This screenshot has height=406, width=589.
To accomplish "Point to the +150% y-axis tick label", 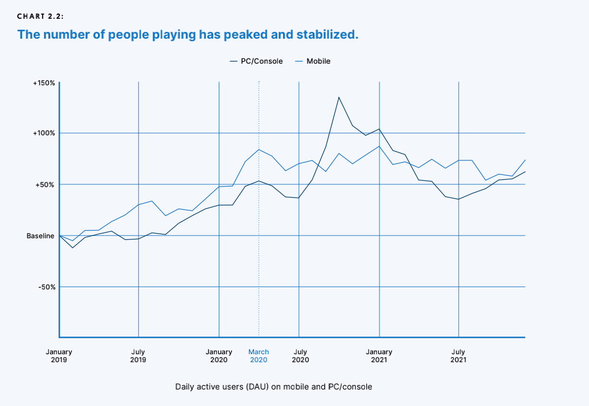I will tap(44, 83).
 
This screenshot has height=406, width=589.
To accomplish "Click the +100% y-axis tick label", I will tap(44, 133).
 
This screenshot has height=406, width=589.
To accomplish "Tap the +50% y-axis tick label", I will tap(45, 185).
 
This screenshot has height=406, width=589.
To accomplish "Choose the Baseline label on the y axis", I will tap(40, 235).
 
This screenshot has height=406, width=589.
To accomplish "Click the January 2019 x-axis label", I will tap(59, 356).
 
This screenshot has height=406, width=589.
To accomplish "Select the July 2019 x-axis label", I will tap(138, 356).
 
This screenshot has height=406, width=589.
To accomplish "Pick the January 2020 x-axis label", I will tap(219, 356).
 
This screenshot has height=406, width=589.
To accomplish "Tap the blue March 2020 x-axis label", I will tap(259, 356).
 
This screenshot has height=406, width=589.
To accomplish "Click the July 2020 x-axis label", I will tap(299, 356).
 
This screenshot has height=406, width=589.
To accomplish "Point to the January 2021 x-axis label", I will tap(379, 356).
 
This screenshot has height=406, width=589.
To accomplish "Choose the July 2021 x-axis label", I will tap(459, 356).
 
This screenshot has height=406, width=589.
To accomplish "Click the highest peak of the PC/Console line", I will tap(339, 97).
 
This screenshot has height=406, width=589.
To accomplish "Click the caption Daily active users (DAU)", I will tap(273, 387).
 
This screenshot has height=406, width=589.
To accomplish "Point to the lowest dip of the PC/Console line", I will tap(72, 248).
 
